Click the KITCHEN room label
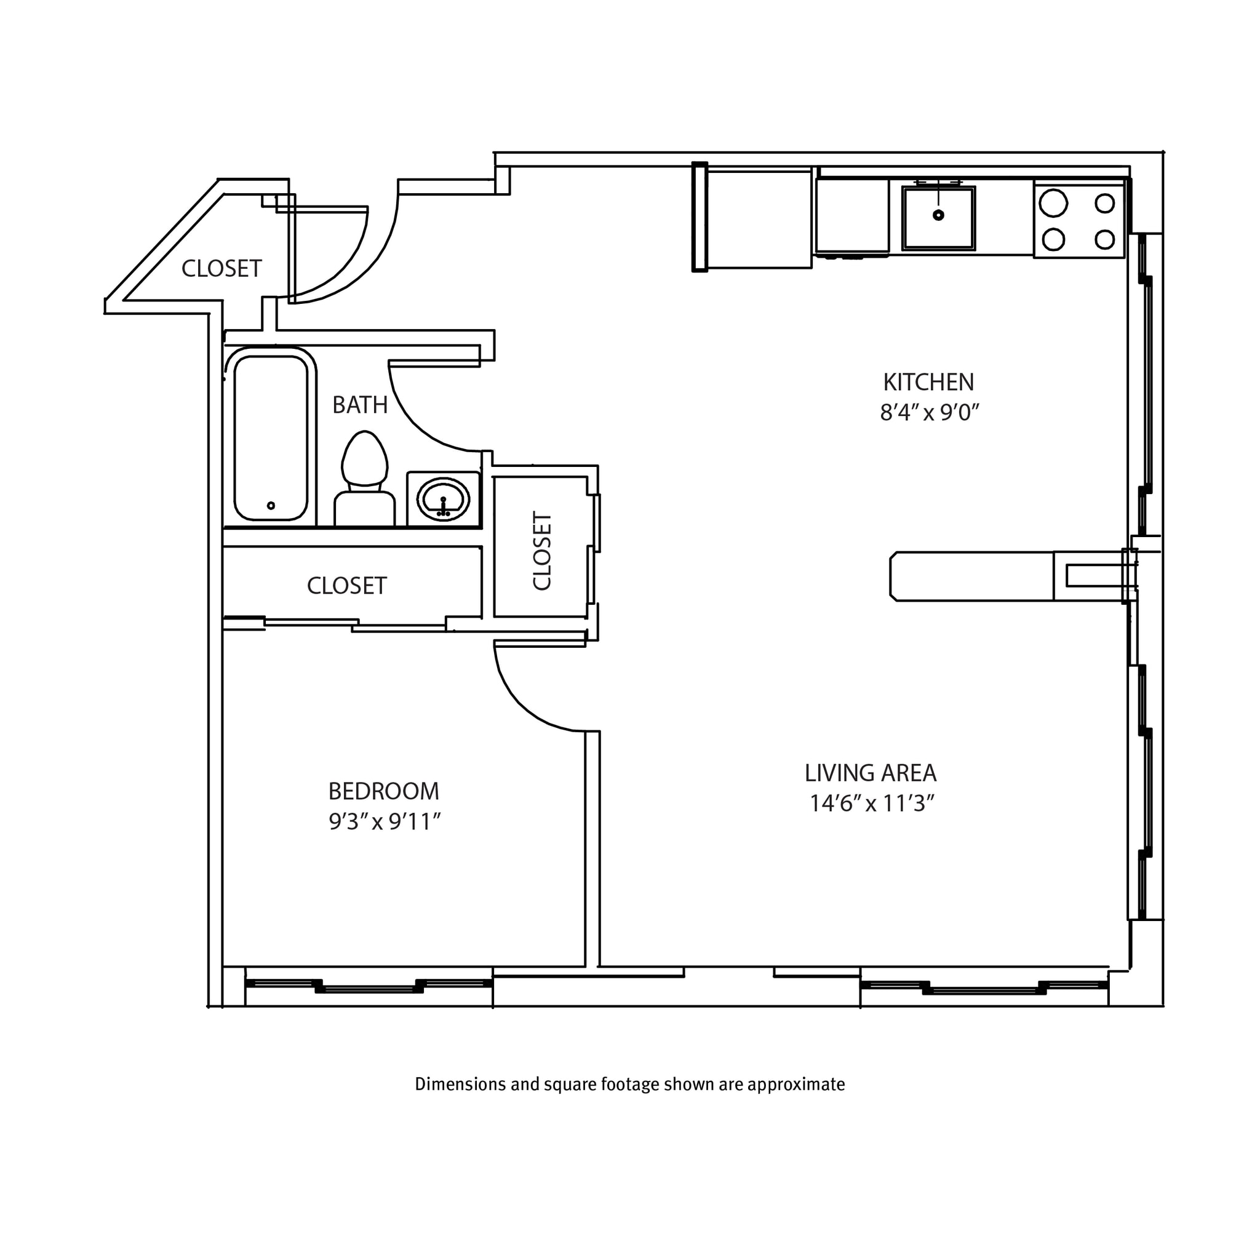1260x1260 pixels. pyautogui.click(x=928, y=382)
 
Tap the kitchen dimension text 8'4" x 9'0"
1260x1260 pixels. pyautogui.click(x=930, y=412)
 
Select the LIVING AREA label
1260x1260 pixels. pyautogui.click(x=870, y=773)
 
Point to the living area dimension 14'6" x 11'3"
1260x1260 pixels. pyautogui.click(x=872, y=803)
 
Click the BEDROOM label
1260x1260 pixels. pyautogui.click(x=383, y=791)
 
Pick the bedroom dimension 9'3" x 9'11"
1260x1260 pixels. pyautogui.click(x=385, y=822)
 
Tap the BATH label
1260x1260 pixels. pyautogui.click(x=360, y=405)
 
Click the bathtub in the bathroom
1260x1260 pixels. pyautogui.click(x=271, y=435)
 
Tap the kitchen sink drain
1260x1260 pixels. pyautogui.click(x=938, y=215)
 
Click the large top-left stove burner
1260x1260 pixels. pyautogui.click(x=1053, y=203)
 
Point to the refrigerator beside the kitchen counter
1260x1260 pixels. pyautogui.click(x=757, y=218)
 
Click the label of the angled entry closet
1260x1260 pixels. pyautogui.click(x=221, y=269)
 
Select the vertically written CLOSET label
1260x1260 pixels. pyautogui.click(x=543, y=551)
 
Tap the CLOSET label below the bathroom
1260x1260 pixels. pyautogui.click(x=347, y=586)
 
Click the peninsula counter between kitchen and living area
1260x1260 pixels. pyautogui.click(x=971, y=576)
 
